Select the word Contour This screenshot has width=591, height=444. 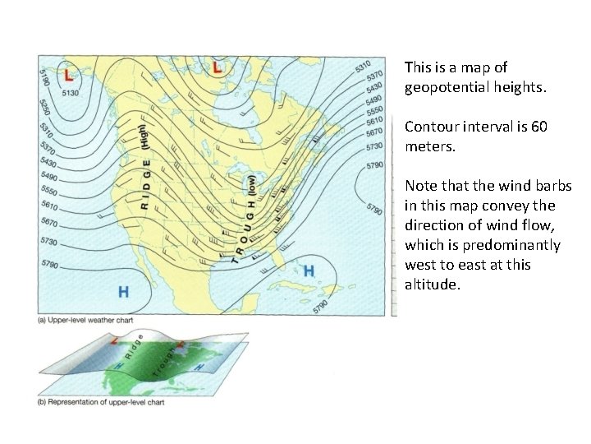[x=432, y=127]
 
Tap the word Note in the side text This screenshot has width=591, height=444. [x=421, y=187]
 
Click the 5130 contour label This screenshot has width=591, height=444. [x=70, y=93]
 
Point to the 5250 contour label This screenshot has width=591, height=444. [x=44, y=108]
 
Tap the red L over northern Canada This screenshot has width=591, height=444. [x=217, y=67]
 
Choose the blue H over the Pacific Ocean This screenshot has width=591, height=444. [x=123, y=291]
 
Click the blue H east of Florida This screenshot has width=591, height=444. [x=309, y=271]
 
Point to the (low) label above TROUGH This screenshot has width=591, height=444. [x=251, y=185]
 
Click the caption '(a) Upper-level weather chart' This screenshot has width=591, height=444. [x=85, y=319]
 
